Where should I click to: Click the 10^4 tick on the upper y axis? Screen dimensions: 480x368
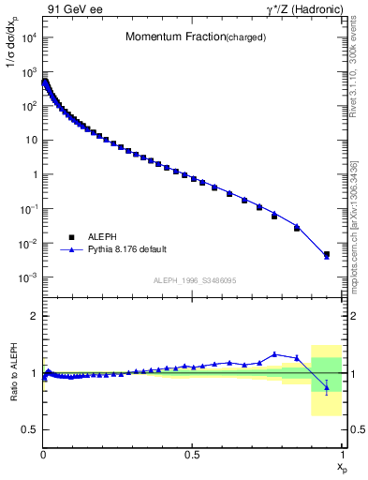click(x=28, y=37)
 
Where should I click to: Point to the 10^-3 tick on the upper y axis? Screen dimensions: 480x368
click(x=28, y=278)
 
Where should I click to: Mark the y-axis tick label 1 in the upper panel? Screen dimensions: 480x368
click(x=34, y=174)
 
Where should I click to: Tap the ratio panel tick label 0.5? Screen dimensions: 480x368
click(x=30, y=430)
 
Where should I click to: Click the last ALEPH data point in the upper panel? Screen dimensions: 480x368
click(x=327, y=254)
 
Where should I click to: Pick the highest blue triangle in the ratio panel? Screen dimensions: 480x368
click(x=274, y=354)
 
